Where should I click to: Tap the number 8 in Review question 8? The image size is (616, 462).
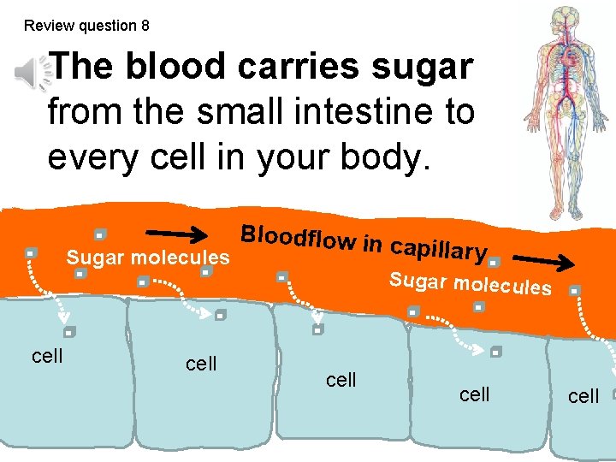point(145,26)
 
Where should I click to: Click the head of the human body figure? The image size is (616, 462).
point(565,19)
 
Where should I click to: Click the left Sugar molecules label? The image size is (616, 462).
point(148,257)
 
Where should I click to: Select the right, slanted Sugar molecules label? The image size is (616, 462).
point(470,283)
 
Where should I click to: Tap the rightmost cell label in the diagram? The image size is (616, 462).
point(583,395)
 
